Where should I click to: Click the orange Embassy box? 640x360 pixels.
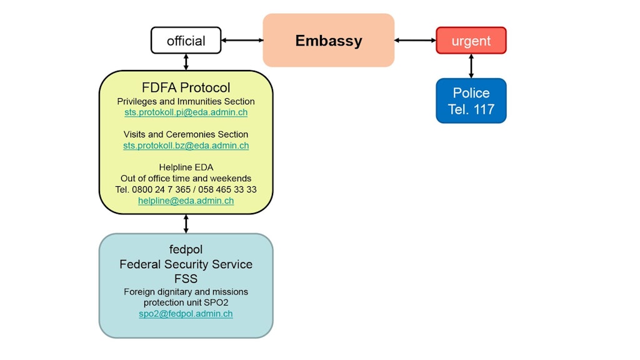coord(328,41)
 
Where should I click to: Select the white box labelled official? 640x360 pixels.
coord(186,41)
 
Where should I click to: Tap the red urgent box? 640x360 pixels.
coord(471,41)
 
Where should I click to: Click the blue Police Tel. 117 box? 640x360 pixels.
coord(471,101)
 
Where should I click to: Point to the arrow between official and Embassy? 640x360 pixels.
coord(242,41)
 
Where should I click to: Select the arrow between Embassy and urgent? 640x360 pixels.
coord(415,41)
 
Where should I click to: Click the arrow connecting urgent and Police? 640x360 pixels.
coord(471,66)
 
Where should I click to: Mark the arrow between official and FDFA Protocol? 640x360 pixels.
coord(186,62)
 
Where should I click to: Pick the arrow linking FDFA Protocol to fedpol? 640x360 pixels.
coord(186,224)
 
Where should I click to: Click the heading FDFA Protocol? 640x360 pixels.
coord(186,87)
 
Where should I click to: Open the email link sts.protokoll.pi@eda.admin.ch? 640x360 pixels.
coord(186,112)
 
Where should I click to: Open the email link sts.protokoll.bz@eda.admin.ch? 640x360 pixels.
coord(186,146)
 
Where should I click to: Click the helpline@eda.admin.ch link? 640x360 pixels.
coord(186,201)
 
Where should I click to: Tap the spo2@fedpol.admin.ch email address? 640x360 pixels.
coord(186,314)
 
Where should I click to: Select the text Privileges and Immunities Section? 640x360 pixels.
coord(186,101)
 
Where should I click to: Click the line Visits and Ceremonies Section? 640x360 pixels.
coord(186,134)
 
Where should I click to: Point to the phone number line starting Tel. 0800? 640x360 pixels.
coord(186,189)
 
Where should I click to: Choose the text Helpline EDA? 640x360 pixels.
coord(186,167)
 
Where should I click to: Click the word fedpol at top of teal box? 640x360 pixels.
coord(186,249)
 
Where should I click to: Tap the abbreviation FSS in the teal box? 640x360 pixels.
coord(186,279)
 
